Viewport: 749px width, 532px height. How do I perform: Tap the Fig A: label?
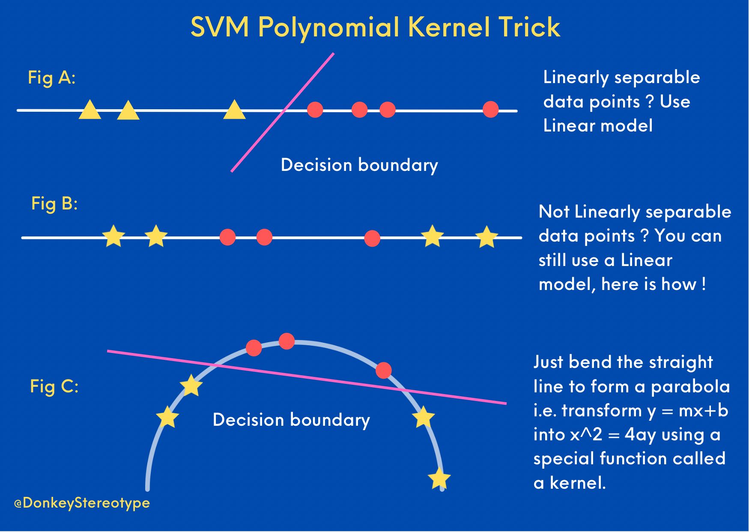point(51,78)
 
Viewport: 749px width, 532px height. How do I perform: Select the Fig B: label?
point(54,203)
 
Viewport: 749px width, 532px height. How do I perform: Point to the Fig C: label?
point(54,386)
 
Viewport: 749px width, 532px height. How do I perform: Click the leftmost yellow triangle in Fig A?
point(90,111)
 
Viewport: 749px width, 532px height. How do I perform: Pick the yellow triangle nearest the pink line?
point(234,111)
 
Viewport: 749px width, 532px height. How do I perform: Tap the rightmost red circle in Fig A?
point(490,110)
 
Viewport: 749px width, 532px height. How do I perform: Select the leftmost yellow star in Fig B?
point(113,236)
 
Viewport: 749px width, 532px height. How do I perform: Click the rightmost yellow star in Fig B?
point(486,237)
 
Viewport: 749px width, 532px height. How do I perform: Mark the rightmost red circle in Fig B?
point(372,238)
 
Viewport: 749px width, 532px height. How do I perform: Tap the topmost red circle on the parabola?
point(286,341)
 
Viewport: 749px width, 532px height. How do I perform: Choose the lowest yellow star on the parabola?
point(439,478)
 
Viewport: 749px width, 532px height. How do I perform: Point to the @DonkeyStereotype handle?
point(82,502)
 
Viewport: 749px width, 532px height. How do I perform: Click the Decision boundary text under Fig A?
point(359,165)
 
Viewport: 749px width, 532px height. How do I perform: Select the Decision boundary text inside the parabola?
point(291,420)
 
